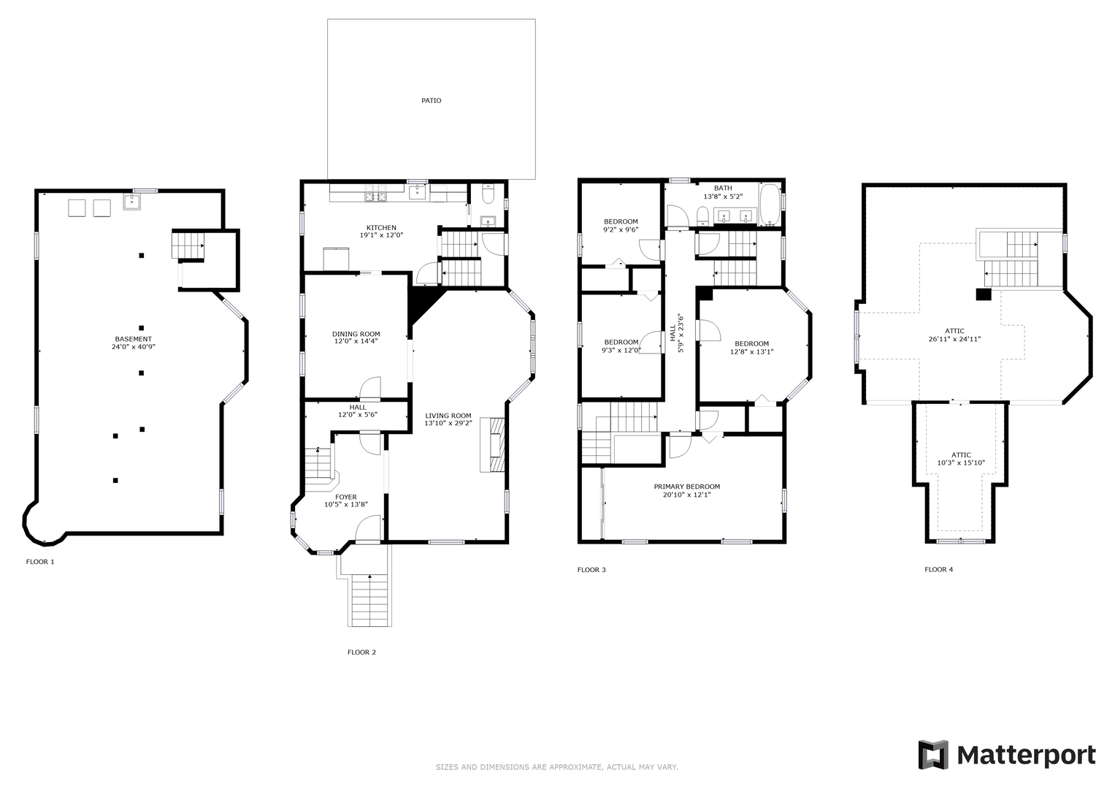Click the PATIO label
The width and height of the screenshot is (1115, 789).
point(431,101)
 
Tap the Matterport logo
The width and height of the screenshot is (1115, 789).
point(1007,755)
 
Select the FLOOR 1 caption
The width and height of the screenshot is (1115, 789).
point(40,562)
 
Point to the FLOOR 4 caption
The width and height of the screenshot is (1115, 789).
point(938,569)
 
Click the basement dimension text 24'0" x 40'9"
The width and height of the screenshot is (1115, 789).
point(129,347)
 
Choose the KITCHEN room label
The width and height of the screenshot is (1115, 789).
point(381,228)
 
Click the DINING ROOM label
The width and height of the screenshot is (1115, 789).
point(356,334)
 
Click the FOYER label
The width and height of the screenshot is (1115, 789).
point(346,497)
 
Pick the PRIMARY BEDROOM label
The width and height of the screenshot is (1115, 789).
point(686,487)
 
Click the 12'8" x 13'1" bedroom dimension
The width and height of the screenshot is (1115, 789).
point(751,351)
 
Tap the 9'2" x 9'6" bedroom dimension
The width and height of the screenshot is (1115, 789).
point(621,229)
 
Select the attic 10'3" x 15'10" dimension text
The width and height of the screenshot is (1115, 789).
point(961,462)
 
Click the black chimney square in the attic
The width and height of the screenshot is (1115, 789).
point(984,294)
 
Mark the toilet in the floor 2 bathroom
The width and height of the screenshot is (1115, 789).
point(489,194)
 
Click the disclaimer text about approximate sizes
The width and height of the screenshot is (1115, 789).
point(557,767)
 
